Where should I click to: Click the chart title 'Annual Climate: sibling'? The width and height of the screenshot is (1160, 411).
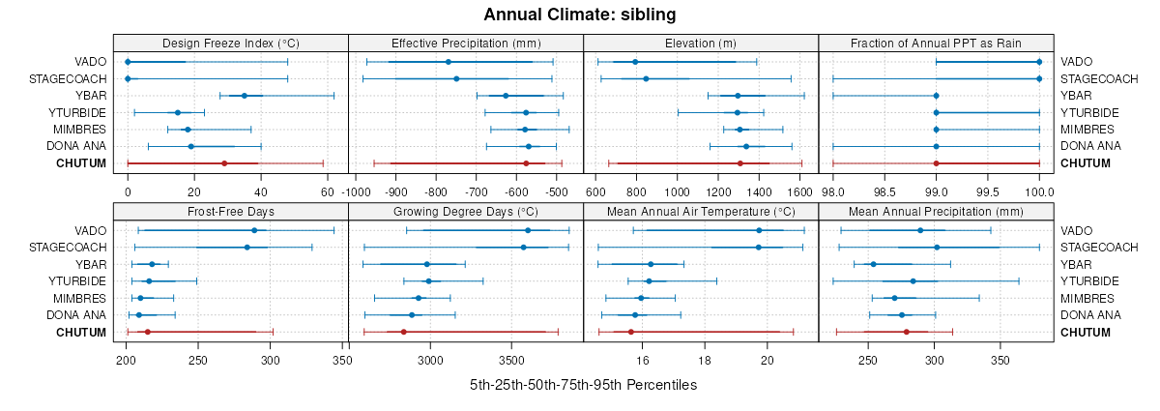click(579, 15)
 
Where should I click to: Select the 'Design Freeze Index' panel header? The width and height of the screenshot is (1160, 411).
click(230, 43)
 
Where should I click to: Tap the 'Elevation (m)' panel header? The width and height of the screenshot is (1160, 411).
click(701, 43)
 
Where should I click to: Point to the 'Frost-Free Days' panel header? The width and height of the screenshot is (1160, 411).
click(230, 211)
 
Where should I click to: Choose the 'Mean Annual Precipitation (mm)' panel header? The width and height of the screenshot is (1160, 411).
click(936, 211)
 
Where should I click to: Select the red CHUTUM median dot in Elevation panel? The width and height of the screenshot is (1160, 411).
click(740, 163)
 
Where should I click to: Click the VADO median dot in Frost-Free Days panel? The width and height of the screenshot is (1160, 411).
click(254, 230)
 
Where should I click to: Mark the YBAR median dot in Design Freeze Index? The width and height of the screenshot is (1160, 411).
click(245, 96)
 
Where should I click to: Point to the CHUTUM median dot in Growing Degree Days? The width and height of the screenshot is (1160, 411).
click(403, 332)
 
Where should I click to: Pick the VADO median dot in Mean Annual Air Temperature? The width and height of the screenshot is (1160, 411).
click(759, 230)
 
